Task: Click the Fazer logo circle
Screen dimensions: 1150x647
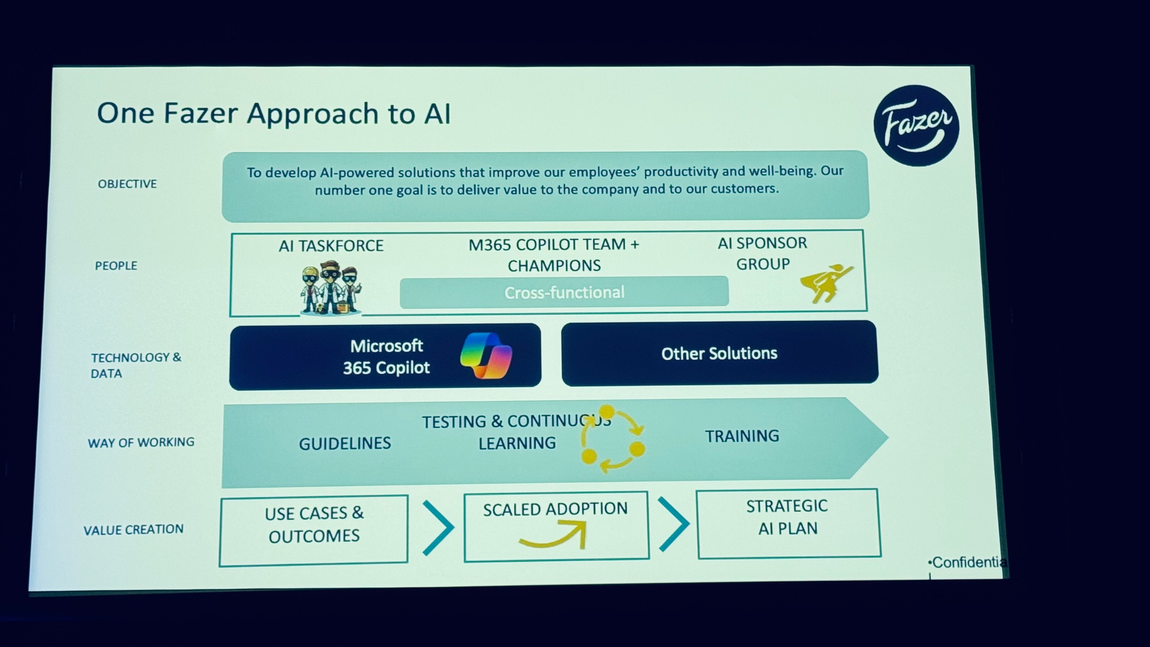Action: tap(916, 126)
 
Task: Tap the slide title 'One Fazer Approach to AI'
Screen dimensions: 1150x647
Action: tap(274, 113)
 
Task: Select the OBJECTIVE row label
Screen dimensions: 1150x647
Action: tap(128, 184)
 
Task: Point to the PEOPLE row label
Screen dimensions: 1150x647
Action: tap(116, 265)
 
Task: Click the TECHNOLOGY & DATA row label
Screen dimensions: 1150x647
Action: tap(136, 365)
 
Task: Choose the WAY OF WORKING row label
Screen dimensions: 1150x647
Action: tap(141, 442)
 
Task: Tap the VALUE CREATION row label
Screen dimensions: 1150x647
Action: tap(134, 530)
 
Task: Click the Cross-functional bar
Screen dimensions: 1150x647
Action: tap(564, 292)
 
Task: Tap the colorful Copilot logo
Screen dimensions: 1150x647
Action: tap(486, 355)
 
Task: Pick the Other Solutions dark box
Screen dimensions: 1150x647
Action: tap(719, 353)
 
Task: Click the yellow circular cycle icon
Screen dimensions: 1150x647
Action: tap(612, 439)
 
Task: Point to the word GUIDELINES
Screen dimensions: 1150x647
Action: tap(345, 443)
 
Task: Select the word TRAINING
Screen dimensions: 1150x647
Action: tap(742, 436)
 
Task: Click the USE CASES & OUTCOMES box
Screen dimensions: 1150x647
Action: tap(314, 530)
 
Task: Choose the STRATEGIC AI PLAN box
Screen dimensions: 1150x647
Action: tap(788, 524)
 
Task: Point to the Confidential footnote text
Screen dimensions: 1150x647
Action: tap(967, 563)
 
